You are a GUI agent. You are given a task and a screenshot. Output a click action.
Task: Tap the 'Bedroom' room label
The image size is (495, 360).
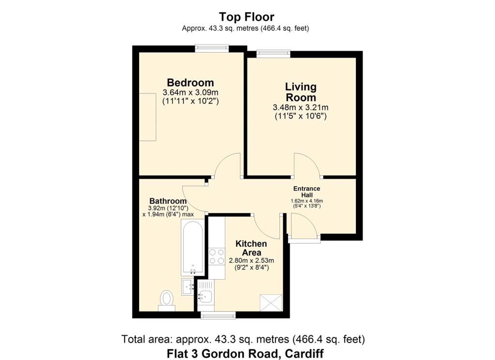tap(190, 82)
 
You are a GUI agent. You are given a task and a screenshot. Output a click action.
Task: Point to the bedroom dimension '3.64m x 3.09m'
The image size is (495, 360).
tap(190, 92)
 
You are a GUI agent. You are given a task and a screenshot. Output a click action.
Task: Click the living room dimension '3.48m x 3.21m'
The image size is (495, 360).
tap(301, 107)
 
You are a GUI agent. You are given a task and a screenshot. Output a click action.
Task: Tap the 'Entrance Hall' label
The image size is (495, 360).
tap(307, 192)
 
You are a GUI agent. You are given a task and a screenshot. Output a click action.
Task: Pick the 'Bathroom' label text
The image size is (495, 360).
tap(168, 201)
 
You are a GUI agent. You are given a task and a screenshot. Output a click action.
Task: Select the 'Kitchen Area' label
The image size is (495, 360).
tap(251, 248)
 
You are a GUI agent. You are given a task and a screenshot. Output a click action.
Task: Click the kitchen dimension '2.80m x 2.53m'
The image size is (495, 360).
tap(251, 260)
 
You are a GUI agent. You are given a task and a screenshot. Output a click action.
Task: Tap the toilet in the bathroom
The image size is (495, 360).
tap(167, 300)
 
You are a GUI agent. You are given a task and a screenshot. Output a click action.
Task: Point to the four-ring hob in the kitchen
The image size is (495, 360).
tap(216, 256)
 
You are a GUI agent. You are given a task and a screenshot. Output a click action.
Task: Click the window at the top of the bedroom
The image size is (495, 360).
tap(212, 48)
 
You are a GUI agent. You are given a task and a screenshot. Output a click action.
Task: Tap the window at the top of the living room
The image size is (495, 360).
tap(273, 54)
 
